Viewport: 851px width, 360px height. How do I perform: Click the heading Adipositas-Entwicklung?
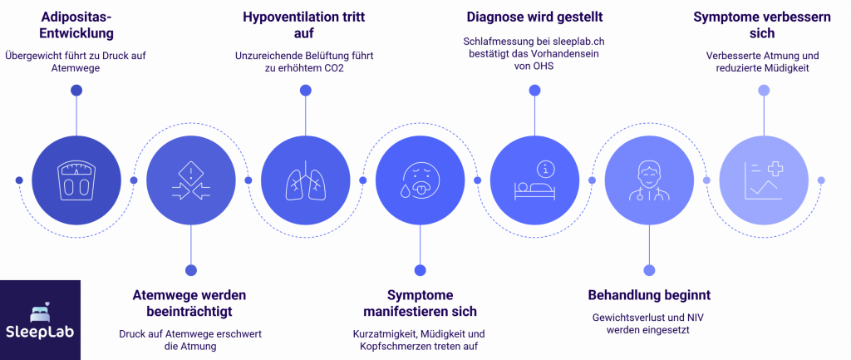pyautogui.click(x=76, y=26)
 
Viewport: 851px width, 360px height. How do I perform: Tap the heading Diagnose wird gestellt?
pyautogui.click(x=534, y=17)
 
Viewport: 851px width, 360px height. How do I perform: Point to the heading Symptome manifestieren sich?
pyautogui.click(x=420, y=303)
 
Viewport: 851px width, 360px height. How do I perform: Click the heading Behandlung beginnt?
pyautogui.click(x=649, y=296)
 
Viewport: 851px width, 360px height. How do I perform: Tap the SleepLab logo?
pyautogui.click(x=40, y=319)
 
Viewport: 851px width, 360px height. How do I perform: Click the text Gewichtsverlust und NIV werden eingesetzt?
pyautogui.click(x=649, y=323)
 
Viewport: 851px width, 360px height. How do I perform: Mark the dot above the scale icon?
pyautogui.click(x=76, y=90)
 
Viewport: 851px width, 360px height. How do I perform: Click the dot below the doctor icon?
pyautogui.click(x=649, y=270)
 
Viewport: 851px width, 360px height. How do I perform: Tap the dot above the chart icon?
pyautogui.click(x=764, y=90)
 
